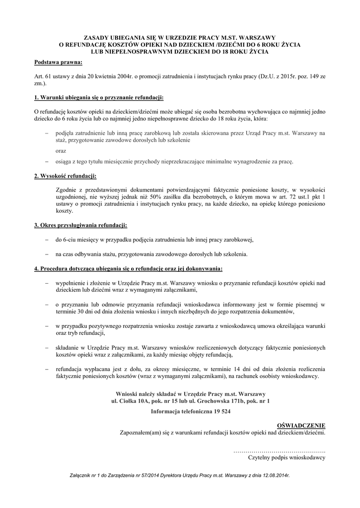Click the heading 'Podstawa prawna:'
pos(58,63)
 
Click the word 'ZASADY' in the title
pos(97,37)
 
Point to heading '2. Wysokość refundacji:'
pos(65,176)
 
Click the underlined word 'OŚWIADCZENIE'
pos(300,425)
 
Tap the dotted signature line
pos(279,450)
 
